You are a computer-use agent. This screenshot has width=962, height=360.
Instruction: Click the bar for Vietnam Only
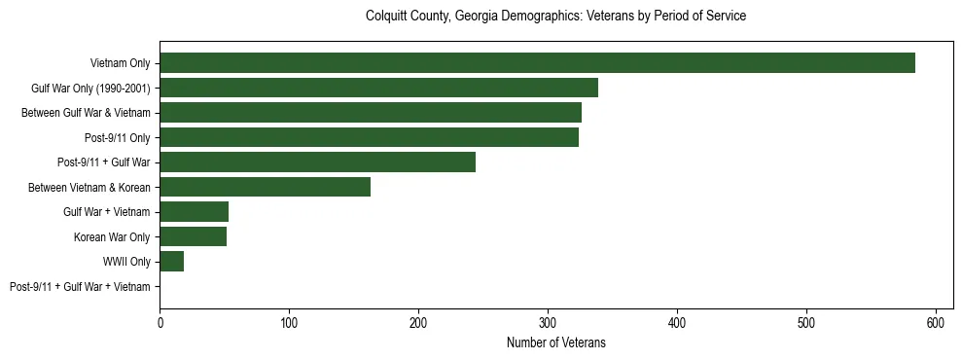(x=537, y=63)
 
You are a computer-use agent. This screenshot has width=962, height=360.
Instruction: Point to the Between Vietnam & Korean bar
(x=265, y=187)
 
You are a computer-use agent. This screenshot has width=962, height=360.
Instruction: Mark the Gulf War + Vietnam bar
(x=194, y=211)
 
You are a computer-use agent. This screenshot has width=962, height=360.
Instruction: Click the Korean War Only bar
(x=193, y=236)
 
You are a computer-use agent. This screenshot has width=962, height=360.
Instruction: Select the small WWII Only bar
(x=172, y=261)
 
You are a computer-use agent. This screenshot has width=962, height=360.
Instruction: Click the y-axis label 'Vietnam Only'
(x=120, y=63)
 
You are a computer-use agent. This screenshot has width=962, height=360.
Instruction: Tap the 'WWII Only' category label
(x=126, y=261)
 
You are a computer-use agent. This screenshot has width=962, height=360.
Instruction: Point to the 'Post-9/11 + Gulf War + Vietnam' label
(x=80, y=286)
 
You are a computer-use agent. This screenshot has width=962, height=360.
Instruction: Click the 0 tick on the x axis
(x=160, y=321)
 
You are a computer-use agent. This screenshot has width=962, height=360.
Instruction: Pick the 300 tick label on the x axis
(x=548, y=321)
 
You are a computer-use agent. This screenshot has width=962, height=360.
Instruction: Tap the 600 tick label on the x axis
(x=936, y=321)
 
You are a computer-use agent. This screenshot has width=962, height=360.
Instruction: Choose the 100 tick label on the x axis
(x=289, y=321)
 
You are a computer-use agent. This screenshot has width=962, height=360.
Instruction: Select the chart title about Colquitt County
(x=555, y=17)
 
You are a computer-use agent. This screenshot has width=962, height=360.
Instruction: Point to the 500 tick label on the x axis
(x=806, y=321)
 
